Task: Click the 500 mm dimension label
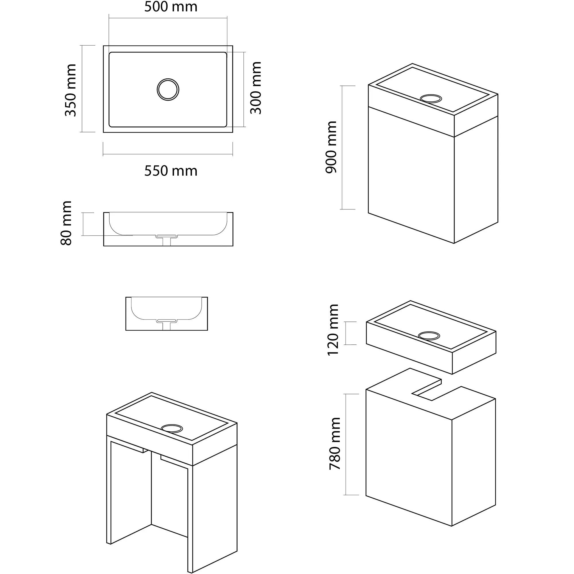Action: click(x=171, y=7)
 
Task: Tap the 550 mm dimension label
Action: click(x=171, y=171)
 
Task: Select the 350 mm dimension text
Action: click(x=71, y=90)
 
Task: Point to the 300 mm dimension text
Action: click(x=255, y=88)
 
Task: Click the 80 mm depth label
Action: click(x=66, y=223)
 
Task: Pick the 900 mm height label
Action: click(x=331, y=147)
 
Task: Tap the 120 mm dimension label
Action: click(x=333, y=330)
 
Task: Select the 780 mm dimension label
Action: click(x=335, y=443)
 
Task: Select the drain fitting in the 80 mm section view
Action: click(x=167, y=240)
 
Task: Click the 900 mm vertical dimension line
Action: click(x=342, y=147)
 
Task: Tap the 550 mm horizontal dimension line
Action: click(x=168, y=154)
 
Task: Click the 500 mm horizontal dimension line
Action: click(x=168, y=18)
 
